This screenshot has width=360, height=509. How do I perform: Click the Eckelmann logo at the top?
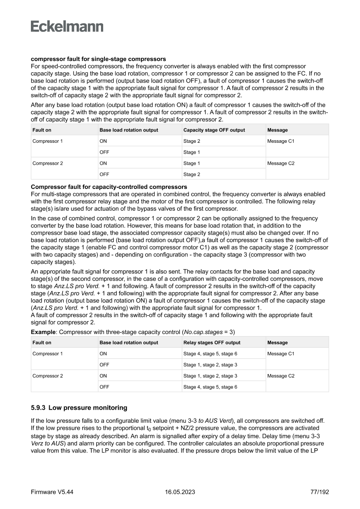67,27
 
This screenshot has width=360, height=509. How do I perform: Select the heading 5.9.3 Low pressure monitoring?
79,408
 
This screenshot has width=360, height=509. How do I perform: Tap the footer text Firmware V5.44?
52,492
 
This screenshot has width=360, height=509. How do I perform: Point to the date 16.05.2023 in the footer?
180,492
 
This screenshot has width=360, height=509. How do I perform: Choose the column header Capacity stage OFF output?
214,130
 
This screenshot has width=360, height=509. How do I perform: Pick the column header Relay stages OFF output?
212,343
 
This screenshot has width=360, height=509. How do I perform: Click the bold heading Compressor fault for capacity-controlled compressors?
109,187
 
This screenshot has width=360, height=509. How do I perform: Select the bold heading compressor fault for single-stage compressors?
98,59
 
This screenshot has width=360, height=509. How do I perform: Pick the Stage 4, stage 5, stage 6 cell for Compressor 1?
210,354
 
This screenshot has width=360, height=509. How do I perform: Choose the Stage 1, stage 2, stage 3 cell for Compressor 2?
210,376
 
